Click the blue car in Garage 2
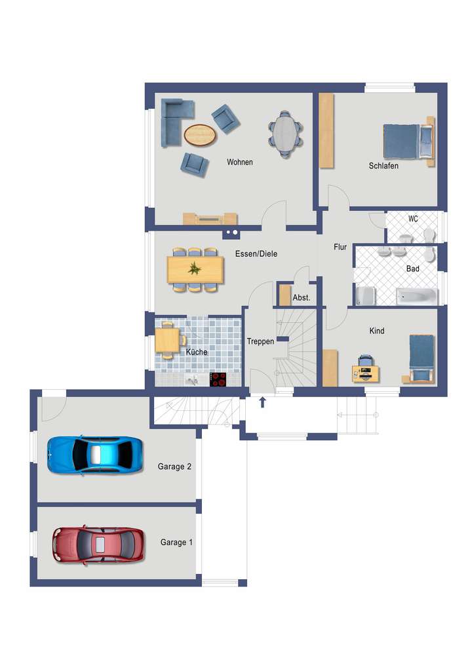coord(94,453)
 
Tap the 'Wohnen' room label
coord(239,162)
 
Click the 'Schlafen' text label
coord(383,166)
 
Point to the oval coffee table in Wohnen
coord(200,135)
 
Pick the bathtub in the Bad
coord(416,297)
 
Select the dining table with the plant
coord(195,269)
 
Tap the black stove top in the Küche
coord(218,379)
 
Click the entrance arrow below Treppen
coord(263,402)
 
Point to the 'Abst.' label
coord(301,298)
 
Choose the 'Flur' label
coord(340,247)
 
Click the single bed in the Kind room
coord(422,358)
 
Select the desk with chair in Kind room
coord(364,370)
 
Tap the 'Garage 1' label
coord(176,543)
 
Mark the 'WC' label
coord(413,219)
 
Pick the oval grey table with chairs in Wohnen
coord(285,134)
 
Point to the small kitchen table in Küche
coord(167,340)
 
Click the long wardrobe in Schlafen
coord(326,131)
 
